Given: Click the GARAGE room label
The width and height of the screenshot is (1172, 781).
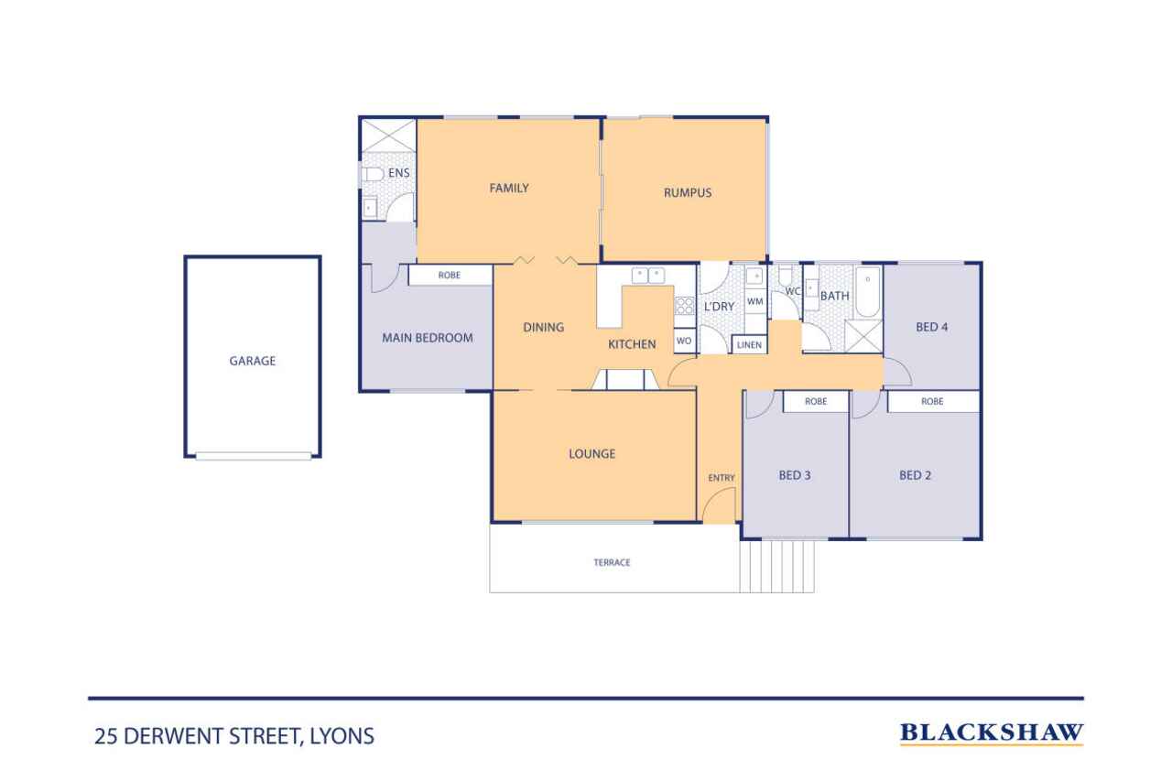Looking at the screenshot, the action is coord(252,361).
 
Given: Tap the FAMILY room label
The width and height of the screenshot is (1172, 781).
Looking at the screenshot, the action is coord(509,188).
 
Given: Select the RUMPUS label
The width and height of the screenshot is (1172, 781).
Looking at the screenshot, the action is coord(688,193).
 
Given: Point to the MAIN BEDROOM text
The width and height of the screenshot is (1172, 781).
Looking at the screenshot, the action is coord(428,338).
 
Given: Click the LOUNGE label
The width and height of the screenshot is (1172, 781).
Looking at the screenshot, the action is coord(591,453).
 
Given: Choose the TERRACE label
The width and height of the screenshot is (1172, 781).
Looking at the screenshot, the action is coord(612,562).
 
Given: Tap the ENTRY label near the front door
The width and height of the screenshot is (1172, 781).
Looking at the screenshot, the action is coord(722,478).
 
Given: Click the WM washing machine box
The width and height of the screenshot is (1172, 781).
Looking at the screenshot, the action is coord(755,301).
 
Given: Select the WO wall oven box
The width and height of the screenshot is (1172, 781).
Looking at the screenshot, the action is coord(684,341).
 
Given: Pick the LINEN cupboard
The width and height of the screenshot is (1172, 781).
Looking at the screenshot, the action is coord(749,345).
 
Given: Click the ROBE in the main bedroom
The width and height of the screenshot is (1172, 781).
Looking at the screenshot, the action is coord(450,276).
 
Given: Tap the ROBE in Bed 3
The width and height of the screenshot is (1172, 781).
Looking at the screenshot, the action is coord(816,401).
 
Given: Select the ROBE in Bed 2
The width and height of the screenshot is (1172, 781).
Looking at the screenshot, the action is coord(933,401).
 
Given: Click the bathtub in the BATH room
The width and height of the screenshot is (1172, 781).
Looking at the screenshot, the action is coord(868,291).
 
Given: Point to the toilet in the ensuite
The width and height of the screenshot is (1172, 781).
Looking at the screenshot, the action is coord(373,174).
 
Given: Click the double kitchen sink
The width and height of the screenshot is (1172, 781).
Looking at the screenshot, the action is coord(648,276).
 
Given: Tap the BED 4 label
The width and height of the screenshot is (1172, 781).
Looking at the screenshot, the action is coord(932,327).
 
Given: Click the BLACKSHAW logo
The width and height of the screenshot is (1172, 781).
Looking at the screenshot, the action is coord(992,732).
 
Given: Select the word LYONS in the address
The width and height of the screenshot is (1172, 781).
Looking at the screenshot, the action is coord(342,736).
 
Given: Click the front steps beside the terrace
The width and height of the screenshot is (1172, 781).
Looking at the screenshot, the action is coord(777,566).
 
